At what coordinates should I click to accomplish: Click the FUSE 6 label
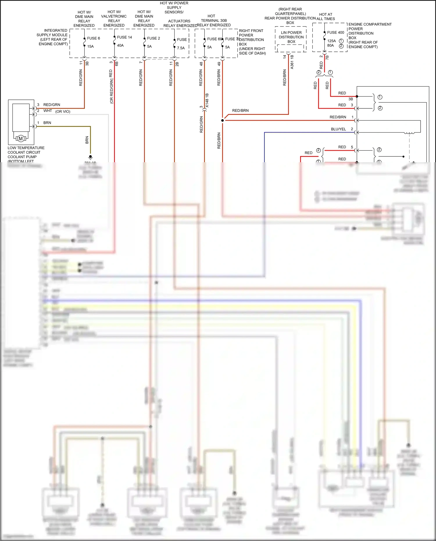coord(93,38)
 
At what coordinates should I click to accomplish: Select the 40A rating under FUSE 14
coord(120,45)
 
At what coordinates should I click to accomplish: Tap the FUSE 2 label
coord(153,38)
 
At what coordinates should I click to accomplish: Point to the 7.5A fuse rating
coord(181,48)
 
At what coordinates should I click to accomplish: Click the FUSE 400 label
coord(335,32)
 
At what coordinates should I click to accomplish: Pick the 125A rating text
coord(331,41)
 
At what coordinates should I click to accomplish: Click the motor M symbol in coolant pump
coord(21,139)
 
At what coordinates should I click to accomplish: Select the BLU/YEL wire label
coord(338,129)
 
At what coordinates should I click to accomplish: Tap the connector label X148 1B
coord(207,101)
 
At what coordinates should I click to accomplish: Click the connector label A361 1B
coord(292,62)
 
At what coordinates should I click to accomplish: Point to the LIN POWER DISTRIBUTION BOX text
coord(291,37)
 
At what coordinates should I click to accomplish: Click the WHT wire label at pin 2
coord(48,111)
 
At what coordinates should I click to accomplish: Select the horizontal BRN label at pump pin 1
coord(47,123)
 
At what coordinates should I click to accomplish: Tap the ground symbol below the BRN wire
coord(90,157)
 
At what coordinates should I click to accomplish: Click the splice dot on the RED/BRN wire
coord(223,120)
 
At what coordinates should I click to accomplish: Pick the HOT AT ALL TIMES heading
coord(326,17)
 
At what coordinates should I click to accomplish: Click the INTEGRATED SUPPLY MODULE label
coord(53,37)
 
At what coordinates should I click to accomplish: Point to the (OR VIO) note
coord(63,112)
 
